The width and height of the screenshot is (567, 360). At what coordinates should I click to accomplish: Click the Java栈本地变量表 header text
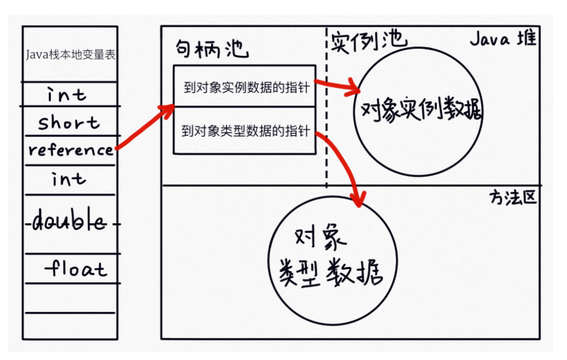click(x=70, y=55)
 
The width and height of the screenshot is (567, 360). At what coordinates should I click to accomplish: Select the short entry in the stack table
click(x=69, y=122)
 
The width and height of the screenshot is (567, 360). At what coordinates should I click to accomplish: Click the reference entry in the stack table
click(x=71, y=151)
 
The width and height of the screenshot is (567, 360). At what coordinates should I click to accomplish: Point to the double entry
click(x=69, y=223)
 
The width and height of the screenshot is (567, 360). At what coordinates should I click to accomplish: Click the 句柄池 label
click(x=212, y=49)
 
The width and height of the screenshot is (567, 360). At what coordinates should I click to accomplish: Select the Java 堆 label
click(x=502, y=39)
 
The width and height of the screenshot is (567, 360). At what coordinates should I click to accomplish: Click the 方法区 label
click(x=513, y=197)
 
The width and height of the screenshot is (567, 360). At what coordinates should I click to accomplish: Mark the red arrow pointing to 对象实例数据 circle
click(x=338, y=87)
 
